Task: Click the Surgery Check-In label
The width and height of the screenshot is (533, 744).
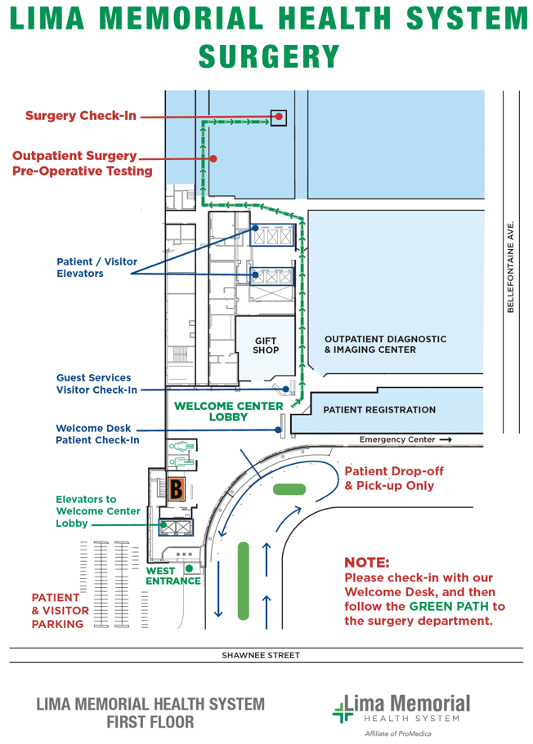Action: [80, 116]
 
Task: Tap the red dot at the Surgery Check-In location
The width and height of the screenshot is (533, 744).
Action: [279, 117]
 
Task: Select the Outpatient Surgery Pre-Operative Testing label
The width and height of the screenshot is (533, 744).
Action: [82, 163]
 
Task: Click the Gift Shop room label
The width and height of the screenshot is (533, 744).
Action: [266, 345]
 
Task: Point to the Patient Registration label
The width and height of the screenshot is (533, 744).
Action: [379, 410]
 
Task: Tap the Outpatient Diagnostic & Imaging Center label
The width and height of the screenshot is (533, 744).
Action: [385, 344]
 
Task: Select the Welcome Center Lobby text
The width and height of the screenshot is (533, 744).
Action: [228, 411]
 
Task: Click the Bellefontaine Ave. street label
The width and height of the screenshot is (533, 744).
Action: [511, 266]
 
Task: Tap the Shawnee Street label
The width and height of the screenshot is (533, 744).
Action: [261, 655]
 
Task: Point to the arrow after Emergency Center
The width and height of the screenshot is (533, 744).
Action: [445, 440]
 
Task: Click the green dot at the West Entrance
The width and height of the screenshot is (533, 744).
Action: [189, 568]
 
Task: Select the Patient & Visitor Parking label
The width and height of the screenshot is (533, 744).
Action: [57, 611]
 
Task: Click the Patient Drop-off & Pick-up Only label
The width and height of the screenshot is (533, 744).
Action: [389, 479]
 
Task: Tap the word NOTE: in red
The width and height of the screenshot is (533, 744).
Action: [367, 563]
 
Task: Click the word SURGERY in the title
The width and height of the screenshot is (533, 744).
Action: [270, 57]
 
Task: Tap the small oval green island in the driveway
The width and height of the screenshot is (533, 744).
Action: [289, 489]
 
